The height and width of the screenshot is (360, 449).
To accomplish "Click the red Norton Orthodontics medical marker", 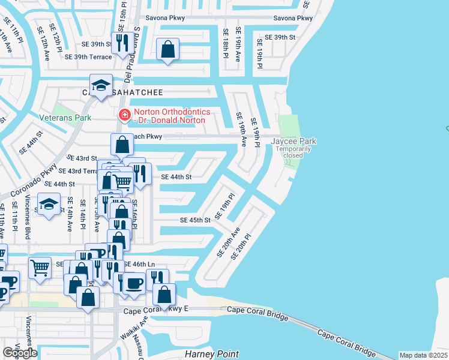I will (x=124, y=115).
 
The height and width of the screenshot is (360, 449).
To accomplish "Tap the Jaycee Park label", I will (x=294, y=142).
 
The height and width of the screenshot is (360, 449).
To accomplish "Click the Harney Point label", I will (x=211, y=354).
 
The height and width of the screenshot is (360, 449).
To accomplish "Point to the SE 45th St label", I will (x=195, y=220).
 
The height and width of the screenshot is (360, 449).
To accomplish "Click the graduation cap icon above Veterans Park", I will (x=101, y=85).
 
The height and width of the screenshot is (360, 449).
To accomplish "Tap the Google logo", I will (x=20, y=353).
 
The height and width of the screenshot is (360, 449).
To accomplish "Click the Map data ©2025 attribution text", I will (x=423, y=355).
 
